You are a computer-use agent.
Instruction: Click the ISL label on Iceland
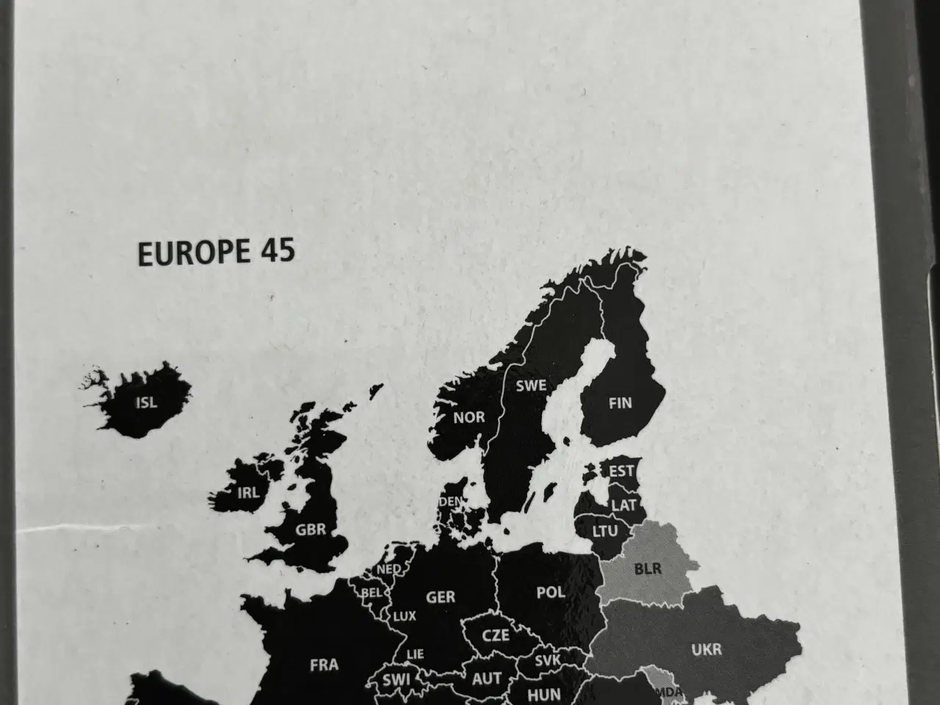click(x=147, y=402)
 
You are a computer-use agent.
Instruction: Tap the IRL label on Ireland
click(x=248, y=493)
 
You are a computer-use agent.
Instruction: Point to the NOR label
click(x=469, y=417)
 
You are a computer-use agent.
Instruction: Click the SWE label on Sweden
click(x=530, y=385)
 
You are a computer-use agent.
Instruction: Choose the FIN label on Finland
click(x=620, y=402)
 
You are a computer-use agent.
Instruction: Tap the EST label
click(x=622, y=471)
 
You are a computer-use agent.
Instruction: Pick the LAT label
click(x=624, y=505)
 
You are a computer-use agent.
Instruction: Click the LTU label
click(x=605, y=530)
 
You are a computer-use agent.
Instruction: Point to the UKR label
click(x=706, y=649)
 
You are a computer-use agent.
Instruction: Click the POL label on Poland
click(x=551, y=591)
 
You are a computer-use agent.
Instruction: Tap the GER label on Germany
click(x=441, y=596)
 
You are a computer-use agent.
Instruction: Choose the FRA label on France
click(x=324, y=665)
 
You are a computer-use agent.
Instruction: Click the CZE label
click(x=495, y=635)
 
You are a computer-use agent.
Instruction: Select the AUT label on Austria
click(x=486, y=679)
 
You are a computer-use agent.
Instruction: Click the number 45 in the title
click(x=277, y=251)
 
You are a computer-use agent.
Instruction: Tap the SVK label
click(x=548, y=660)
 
